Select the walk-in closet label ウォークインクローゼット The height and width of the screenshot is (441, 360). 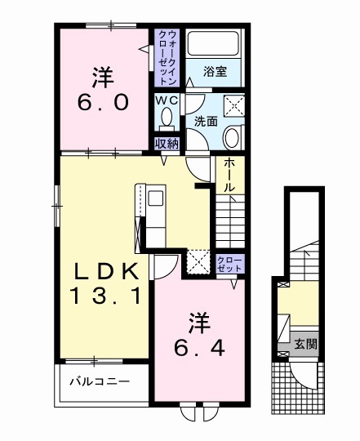pyautogui.click(x=167, y=57)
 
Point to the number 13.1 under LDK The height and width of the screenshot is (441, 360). pyautogui.click(x=103, y=293)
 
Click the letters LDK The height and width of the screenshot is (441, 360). pyautogui.click(x=103, y=269)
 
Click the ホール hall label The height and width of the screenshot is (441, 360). pyautogui.click(x=230, y=175)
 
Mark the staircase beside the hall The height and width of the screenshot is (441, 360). pyautogui.click(x=229, y=220)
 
